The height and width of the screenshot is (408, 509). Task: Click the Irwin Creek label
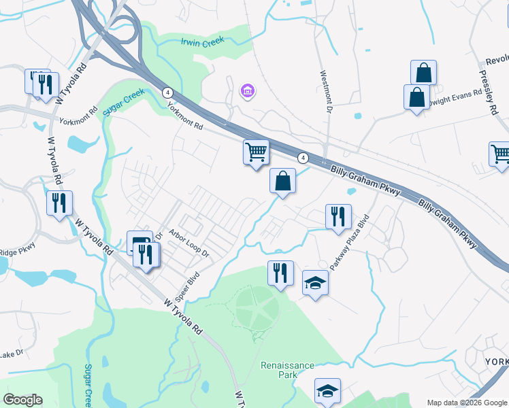coord(202,42)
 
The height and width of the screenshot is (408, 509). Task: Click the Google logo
coord(23,400)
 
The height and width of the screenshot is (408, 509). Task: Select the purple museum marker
coord(247,90)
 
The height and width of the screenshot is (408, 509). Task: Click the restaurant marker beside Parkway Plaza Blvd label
coord(338,216)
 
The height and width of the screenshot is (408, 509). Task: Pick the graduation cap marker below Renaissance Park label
coord(327,390)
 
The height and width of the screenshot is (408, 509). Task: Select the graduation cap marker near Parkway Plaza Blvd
coord(315,282)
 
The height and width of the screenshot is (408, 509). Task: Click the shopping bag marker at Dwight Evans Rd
coord(416,97)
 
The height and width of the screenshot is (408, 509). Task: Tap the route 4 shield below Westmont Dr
coord(303,158)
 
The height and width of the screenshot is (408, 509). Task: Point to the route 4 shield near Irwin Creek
coord(167,92)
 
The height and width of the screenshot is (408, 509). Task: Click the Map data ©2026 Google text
coord(465,403)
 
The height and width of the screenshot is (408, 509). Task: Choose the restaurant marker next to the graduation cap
coord(280,273)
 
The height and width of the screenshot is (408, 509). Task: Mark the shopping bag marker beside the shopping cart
coord(282,181)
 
